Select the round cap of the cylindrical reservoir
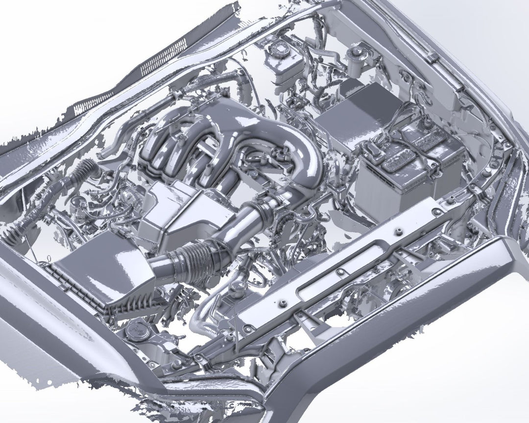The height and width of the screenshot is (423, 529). pyautogui.click(x=354, y=50)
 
